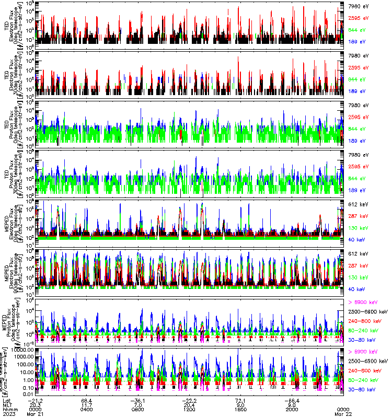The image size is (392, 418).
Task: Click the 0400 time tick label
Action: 88,409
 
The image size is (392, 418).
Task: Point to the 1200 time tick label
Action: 189,409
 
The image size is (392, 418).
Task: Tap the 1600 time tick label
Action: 240,409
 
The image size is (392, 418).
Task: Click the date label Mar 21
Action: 38,413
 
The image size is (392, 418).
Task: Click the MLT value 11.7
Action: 88,404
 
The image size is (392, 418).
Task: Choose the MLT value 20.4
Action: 189,404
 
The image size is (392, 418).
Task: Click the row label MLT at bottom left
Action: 7,404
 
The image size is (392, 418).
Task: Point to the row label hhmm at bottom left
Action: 8,409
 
